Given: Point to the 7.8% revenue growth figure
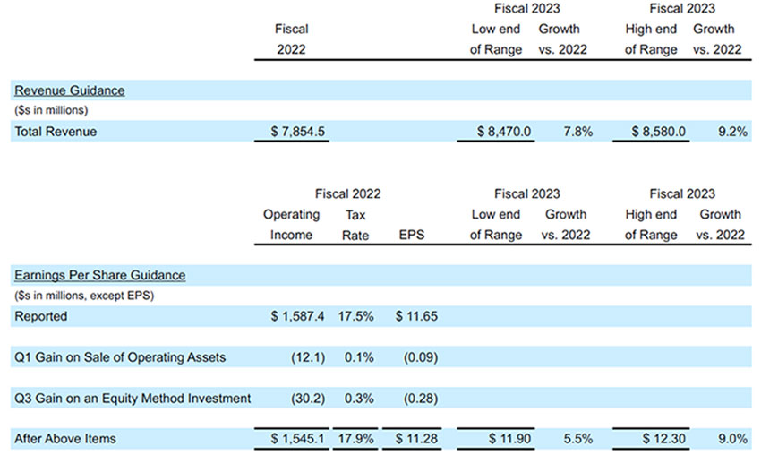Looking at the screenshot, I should click(576, 132).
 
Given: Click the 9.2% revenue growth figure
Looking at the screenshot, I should click(730, 132).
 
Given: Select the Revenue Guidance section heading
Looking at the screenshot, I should click(69, 90).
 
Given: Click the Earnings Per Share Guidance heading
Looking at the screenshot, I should click(99, 275).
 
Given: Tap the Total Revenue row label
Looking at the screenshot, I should click(56, 132).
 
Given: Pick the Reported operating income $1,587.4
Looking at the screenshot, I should click(297, 316).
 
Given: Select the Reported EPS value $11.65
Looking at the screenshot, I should click(414, 316).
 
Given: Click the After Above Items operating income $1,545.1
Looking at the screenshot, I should click(297, 439).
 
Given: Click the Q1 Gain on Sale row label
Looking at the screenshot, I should click(120, 357).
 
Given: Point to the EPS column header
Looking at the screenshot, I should click(412, 235).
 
